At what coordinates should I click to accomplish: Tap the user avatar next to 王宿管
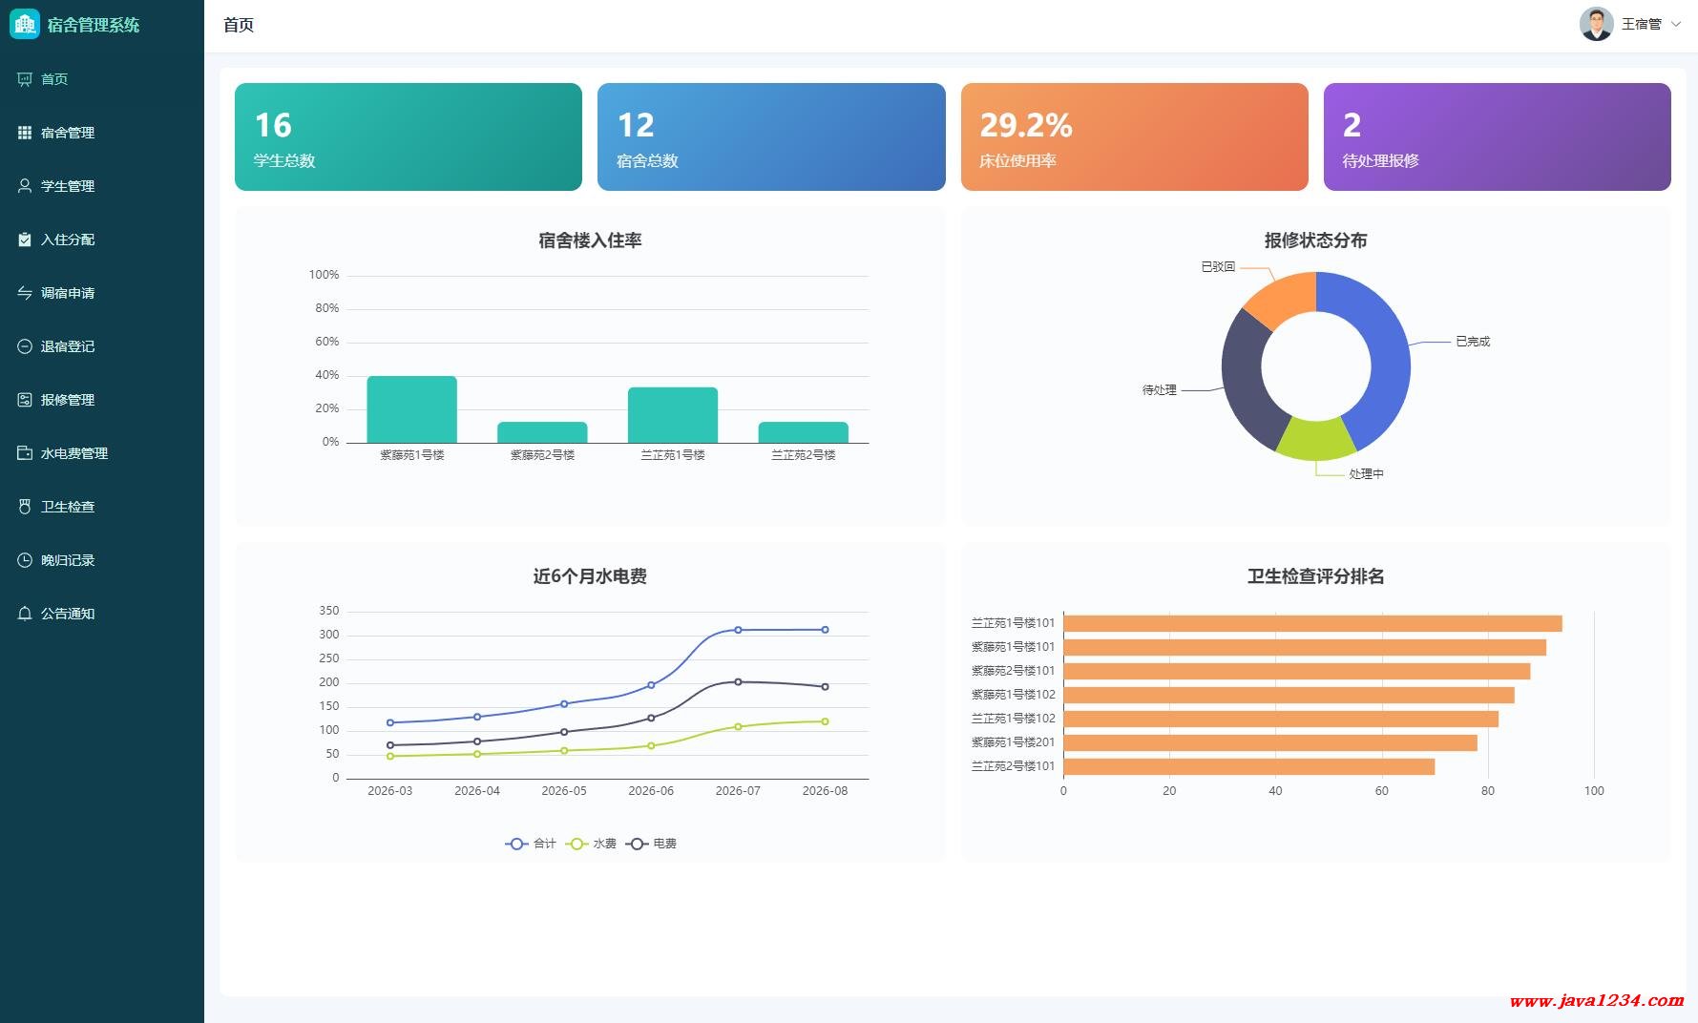point(1596,24)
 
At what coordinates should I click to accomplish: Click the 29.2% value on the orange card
point(1026,125)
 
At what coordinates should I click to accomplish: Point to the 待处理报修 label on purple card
point(1380,161)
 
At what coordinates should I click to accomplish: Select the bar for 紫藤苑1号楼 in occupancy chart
point(412,409)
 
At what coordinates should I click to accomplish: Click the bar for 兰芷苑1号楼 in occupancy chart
point(673,415)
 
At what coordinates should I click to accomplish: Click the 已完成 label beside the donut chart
point(1473,342)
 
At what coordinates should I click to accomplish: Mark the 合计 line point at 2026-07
point(738,630)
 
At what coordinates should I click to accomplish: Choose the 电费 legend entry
point(652,844)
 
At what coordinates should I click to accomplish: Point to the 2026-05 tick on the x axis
point(564,791)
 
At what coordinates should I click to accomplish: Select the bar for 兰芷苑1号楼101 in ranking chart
point(1312,623)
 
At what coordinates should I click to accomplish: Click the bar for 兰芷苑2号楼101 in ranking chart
point(1249,766)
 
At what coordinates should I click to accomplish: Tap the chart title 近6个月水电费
point(590,576)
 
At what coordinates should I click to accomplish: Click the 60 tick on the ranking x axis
point(1381,791)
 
